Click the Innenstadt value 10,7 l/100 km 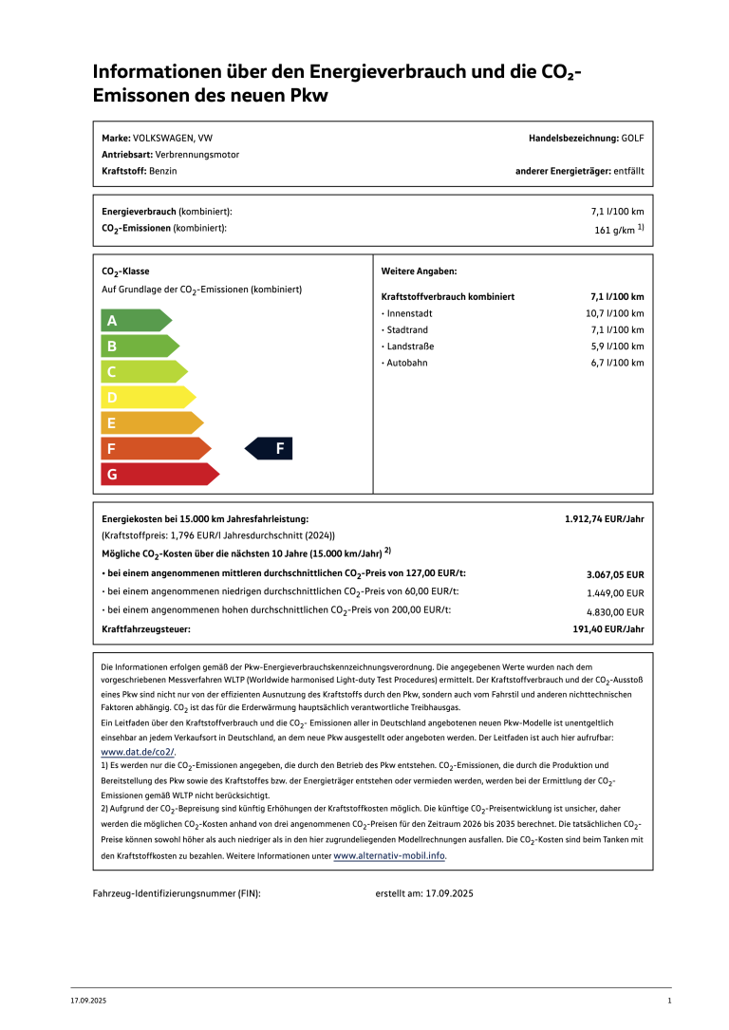(x=614, y=313)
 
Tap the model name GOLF (x=632, y=138)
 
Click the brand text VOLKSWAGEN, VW (x=173, y=138)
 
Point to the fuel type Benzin (x=163, y=171)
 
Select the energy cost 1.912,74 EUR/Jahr (x=604, y=519)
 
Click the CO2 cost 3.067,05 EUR (x=615, y=574)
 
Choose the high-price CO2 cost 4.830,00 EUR (x=615, y=612)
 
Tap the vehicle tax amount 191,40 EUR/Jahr (x=607, y=628)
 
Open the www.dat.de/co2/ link (x=138, y=752)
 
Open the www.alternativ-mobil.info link (x=389, y=855)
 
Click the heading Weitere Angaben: (x=419, y=272)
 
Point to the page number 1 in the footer (x=669, y=1002)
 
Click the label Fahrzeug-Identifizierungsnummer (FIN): (x=177, y=893)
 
